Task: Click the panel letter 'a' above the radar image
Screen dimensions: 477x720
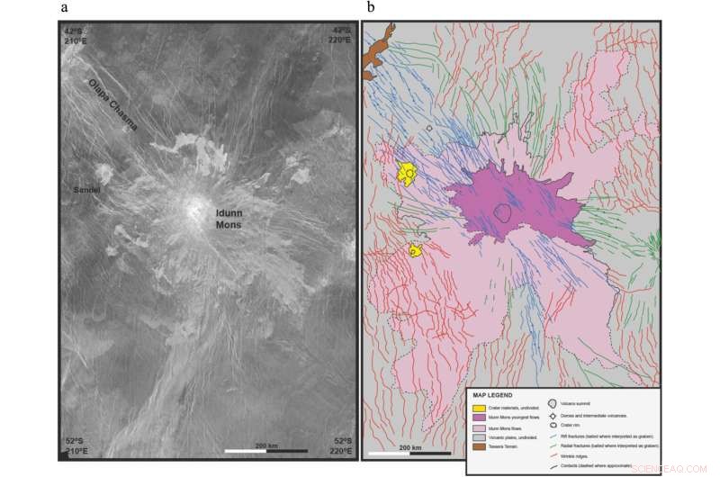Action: click(x=65, y=9)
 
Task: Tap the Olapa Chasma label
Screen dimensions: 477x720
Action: click(x=113, y=102)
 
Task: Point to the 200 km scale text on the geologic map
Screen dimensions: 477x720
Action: click(x=409, y=447)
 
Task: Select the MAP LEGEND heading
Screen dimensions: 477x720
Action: click(x=492, y=395)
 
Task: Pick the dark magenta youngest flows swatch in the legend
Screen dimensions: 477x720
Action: click(x=479, y=418)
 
